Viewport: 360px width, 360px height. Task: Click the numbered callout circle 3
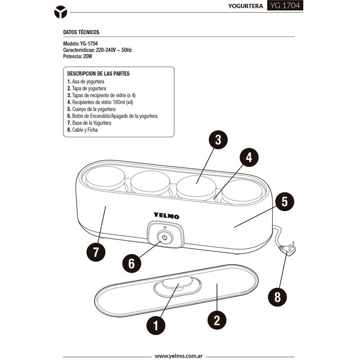point(218,139)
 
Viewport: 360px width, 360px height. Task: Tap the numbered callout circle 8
point(277,297)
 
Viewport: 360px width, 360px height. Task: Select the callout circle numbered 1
point(156,325)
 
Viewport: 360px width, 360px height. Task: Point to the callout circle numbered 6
point(131,263)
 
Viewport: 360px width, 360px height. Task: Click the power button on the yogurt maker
point(165,238)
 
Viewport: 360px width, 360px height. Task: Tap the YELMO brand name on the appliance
point(166,216)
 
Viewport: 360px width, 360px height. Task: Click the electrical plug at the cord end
point(288,248)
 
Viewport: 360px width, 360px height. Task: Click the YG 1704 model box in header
point(285,5)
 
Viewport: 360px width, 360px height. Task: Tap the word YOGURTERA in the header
point(245,6)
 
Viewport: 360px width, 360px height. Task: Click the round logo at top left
point(61,12)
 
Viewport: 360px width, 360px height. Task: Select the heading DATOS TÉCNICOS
point(81,32)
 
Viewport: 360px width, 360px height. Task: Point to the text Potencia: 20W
point(77,56)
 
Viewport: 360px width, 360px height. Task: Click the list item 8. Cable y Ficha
point(82,130)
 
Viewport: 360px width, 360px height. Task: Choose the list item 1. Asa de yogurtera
point(85,81)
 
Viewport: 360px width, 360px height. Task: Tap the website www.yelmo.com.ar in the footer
point(179,356)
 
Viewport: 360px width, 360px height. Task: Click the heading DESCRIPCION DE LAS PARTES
point(99,74)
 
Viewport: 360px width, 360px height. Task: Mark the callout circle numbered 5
point(284,202)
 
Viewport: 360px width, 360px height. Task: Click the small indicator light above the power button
point(165,227)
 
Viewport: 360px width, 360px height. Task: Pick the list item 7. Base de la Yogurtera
point(89,123)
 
